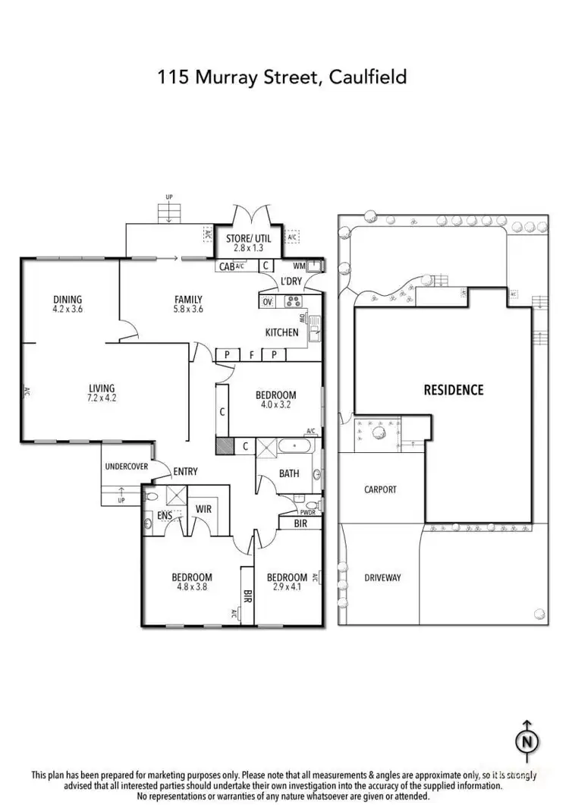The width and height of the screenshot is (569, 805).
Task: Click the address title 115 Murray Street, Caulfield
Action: [x=282, y=77]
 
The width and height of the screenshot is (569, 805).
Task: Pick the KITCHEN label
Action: [x=281, y=332]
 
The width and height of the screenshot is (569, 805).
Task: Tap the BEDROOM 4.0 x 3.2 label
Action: [x=275, y=400]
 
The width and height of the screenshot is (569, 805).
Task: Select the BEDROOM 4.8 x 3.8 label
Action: [x=191, y=582]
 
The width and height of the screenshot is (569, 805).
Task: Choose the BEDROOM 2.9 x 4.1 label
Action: [x=287, y=582]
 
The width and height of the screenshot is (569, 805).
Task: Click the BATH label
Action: [x=289, y=473]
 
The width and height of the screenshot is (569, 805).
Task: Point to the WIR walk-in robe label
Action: [x=203, y=508]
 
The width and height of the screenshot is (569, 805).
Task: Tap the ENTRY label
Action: [x=185, y=471]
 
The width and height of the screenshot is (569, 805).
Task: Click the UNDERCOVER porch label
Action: [x=126, y=467]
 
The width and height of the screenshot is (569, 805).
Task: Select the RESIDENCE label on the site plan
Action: [x=453, y=390]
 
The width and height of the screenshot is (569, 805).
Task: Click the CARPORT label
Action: [x=379, y=489]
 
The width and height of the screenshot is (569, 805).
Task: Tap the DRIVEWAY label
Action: [x=382, y=577]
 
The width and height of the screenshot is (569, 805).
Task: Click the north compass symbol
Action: [x=528, y=739]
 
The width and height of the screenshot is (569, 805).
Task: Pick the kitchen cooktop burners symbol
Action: [x=292, y=302]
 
